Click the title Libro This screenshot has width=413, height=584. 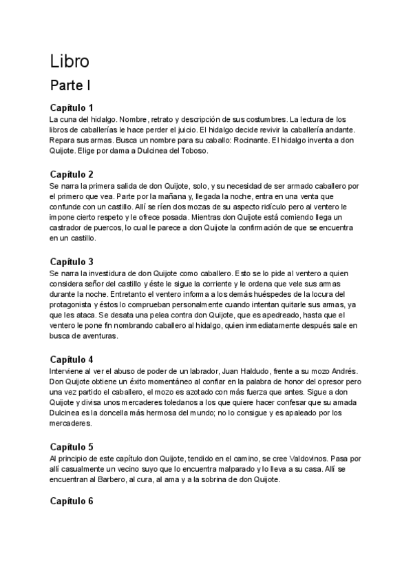[x=70, y=61]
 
